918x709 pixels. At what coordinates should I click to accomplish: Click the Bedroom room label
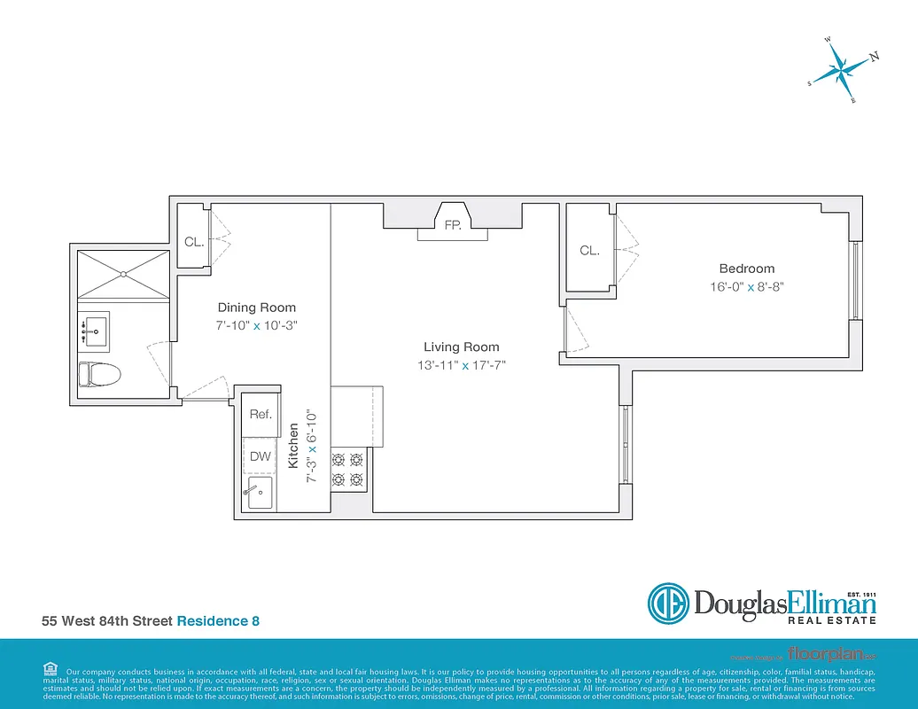[x=746, y=269]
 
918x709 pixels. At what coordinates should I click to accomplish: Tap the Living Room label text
[x=461, y=347]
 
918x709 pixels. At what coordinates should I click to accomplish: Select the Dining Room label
[x=257, y=308]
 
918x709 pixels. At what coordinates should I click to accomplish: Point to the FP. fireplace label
[x=452, y=226]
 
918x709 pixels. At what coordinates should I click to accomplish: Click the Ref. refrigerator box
[x=260, y=414]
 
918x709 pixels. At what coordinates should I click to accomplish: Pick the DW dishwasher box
[x=260, y=456]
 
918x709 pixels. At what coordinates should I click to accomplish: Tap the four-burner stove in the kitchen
[x=348, y=470]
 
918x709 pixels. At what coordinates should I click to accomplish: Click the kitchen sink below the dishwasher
[x=259, y=494]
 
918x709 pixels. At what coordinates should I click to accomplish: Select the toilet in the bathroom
[x=98, y=375]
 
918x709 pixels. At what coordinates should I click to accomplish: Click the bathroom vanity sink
[x=94, y=331]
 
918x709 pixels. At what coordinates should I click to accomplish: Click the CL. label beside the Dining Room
[x=194, y=241]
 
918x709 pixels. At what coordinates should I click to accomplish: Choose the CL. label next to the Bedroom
[x=589, y=251]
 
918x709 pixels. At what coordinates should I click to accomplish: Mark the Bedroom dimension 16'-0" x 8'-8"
[x=746, y=287]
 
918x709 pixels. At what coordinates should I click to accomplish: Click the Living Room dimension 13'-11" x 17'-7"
[x=461, y=365]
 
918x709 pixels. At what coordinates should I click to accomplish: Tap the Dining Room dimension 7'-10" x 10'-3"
[x=257, y=325]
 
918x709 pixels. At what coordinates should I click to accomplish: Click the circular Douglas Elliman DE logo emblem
[x=669, y=604]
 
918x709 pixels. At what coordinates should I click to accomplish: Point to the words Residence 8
[x=218, y=621]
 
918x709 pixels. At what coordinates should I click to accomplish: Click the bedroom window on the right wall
[x=855, y=280]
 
